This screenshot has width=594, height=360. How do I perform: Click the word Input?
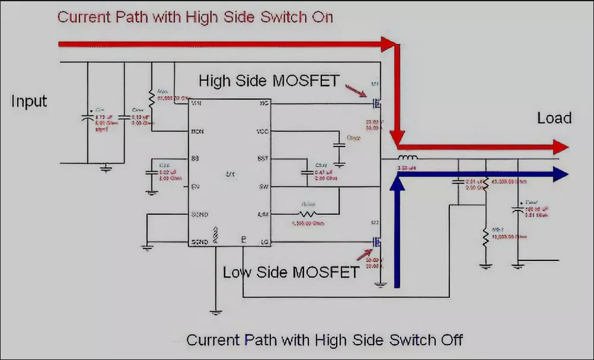pos(29,101)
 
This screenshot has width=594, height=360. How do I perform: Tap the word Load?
pos(554,118)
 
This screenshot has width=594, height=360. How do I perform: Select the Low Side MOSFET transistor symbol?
pos(376,242)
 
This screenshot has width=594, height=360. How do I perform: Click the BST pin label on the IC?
pos(262,158)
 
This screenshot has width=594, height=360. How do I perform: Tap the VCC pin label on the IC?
pos(261,132)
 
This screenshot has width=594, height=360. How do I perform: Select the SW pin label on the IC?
pos(262,186)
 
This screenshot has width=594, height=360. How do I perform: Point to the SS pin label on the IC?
pos(196,158)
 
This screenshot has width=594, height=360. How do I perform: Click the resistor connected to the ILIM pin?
pos(308,214)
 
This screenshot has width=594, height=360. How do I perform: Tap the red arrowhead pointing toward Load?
pos(561,147)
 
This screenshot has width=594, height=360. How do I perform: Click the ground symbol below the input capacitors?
pos(106,167)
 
